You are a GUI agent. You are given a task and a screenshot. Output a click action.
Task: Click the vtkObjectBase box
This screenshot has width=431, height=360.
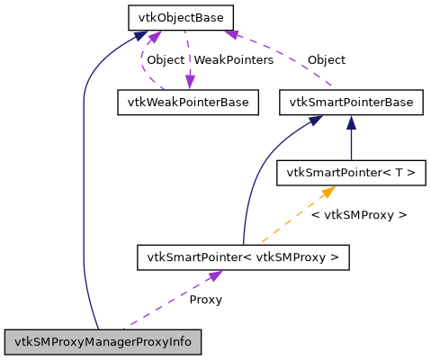180,17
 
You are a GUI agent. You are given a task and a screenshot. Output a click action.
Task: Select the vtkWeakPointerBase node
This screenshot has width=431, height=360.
188,102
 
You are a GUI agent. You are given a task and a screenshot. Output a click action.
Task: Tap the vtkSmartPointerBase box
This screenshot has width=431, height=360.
351,102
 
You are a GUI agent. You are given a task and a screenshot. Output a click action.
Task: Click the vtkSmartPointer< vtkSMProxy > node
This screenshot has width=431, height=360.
242,257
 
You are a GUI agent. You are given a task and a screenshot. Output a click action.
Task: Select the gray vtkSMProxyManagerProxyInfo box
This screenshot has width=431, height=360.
103,342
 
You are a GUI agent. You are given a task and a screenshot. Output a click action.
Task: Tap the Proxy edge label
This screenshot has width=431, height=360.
205,299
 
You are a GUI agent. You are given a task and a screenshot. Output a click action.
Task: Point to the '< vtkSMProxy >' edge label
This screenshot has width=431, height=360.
358,215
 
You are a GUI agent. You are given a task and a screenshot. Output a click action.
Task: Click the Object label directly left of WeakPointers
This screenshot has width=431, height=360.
165,60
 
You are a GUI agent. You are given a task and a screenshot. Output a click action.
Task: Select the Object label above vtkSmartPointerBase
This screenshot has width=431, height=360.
326,60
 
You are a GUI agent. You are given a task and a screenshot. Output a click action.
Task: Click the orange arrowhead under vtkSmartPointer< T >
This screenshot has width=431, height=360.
328,191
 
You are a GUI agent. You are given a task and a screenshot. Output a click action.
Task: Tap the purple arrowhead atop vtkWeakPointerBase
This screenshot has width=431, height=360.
189,84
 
